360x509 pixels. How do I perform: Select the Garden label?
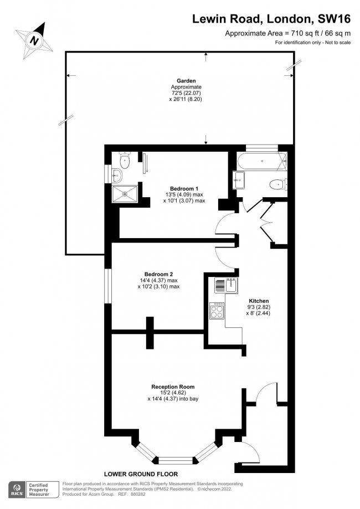186,81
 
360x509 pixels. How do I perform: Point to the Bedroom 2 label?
159,274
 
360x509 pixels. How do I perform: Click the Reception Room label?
173,387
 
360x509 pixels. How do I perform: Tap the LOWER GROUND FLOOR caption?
141,474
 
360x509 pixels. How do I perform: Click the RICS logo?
18,489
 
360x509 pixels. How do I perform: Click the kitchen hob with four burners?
217,311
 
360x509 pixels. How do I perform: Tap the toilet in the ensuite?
124,161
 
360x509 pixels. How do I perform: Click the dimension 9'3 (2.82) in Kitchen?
258,306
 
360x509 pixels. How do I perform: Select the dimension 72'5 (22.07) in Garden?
186,94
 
